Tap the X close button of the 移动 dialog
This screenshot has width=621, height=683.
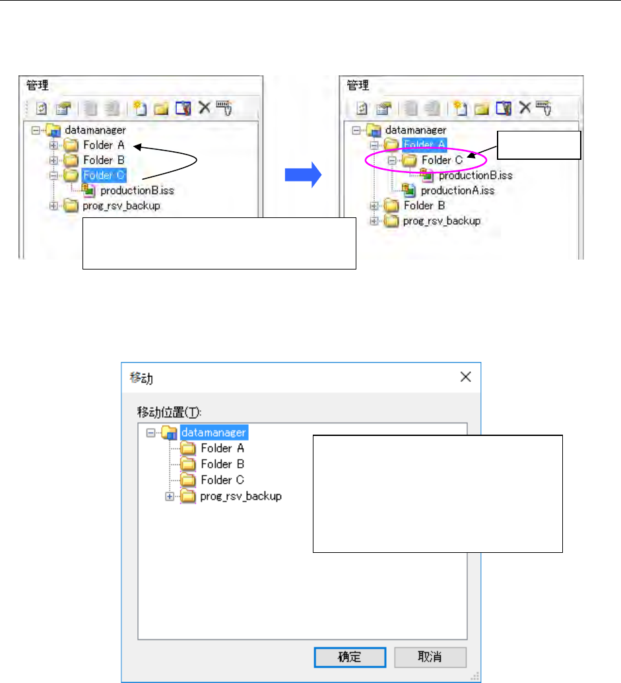465,377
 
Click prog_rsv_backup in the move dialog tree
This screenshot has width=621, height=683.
241,496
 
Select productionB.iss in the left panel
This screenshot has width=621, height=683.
137,191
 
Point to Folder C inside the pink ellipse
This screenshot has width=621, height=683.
441,159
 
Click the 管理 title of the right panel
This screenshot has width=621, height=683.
358,85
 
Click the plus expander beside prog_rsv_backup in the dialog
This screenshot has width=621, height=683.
170,496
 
